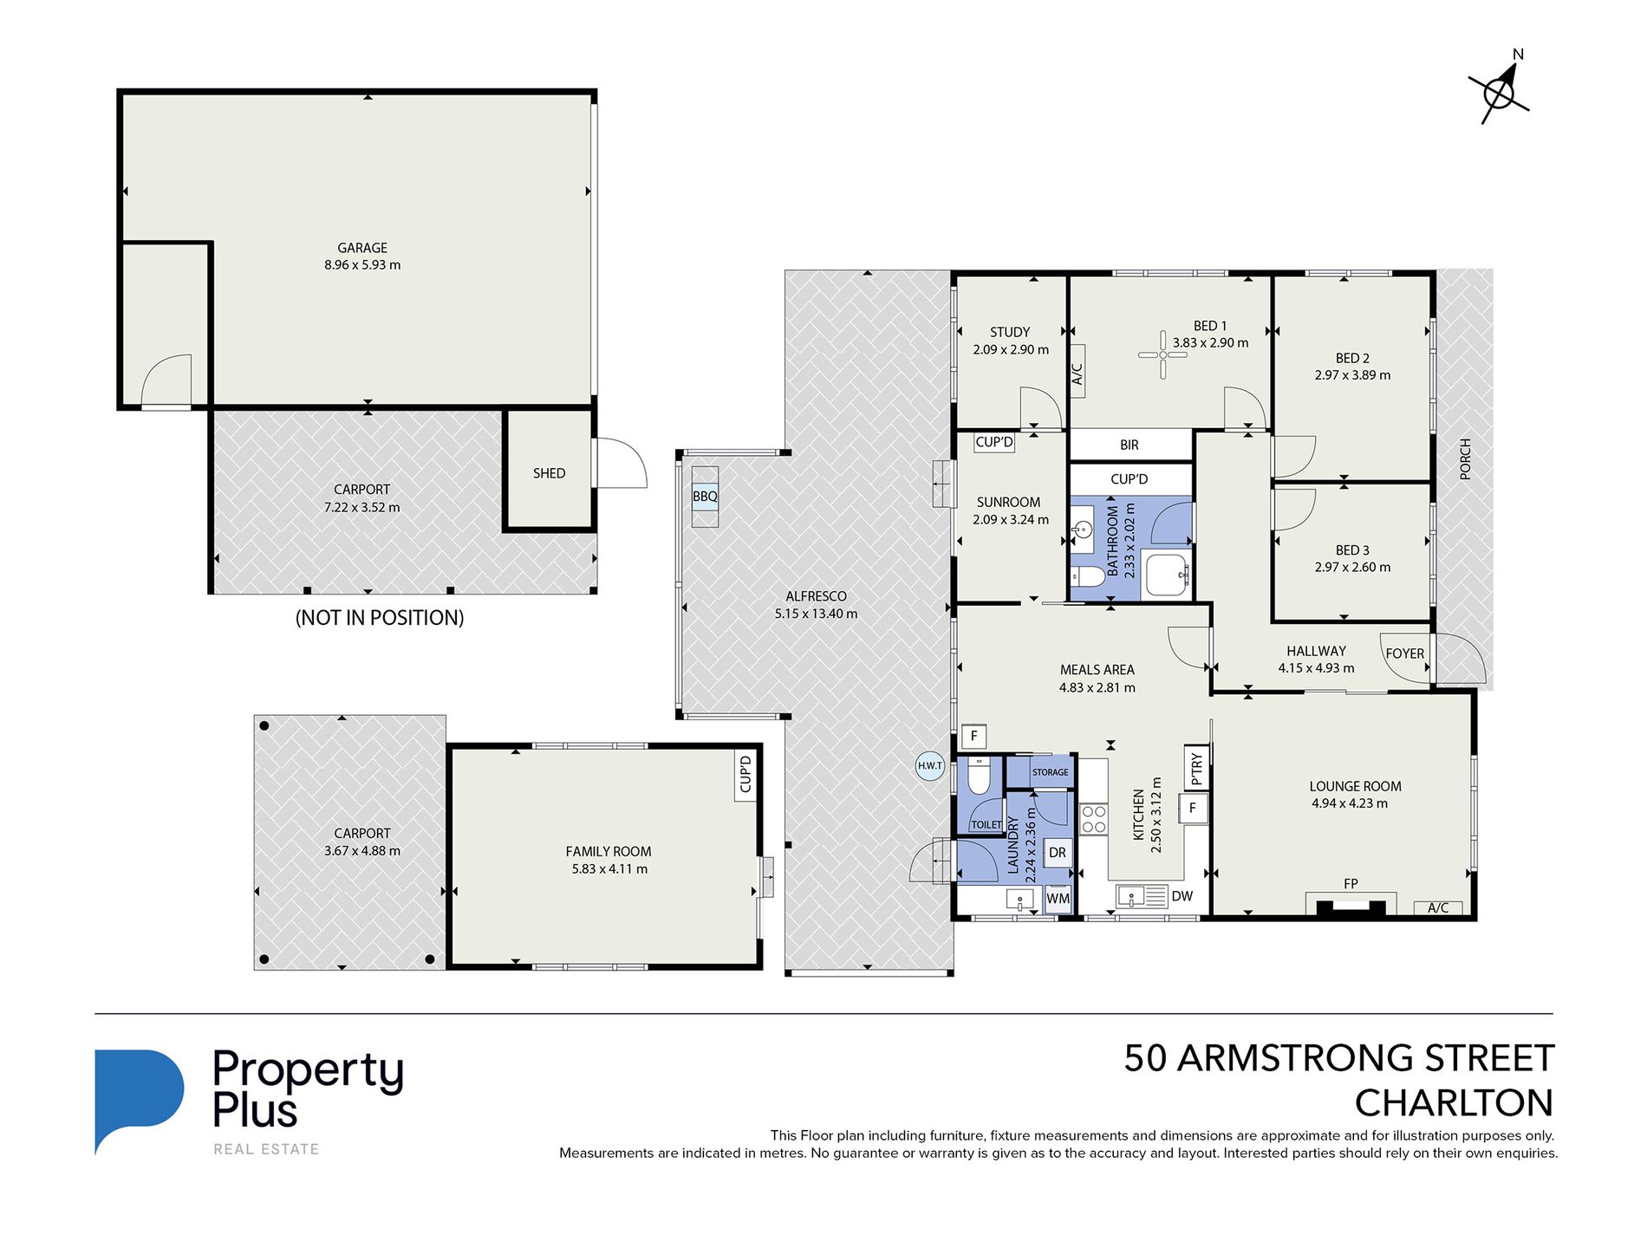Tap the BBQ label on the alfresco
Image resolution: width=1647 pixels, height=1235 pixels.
(x=705, y=497)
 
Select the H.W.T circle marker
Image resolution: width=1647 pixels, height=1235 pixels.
(x=930, y=765)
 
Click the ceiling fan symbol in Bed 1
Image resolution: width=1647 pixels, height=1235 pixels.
(x=1162, y=354)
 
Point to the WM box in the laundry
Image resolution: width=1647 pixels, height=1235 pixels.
(x=1058, y=899)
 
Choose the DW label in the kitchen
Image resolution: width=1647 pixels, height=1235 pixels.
(x=1182, y=896)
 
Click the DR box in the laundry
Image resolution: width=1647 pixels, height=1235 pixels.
(x=1058, y=852)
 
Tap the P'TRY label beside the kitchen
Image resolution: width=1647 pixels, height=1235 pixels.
(x=1197, y=768)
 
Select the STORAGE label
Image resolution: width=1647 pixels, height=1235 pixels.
(x=1051, y=772)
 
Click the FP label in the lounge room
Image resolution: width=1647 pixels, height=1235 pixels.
(x=1351, y=884)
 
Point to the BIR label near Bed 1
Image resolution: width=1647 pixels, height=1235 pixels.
(x=1129, y=445)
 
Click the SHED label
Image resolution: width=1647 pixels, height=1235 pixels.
(x=549, y=473)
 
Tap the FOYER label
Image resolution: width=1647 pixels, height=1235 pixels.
(x=1404, y=653)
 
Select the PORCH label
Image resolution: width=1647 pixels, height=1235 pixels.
(x=1466, y=459)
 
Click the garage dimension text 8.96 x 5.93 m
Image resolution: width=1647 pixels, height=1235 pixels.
(x=362, y=265)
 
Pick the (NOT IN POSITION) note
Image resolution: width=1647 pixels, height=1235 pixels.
(x=380, y=618)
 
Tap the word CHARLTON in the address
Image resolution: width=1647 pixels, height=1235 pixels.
(x=1454, y=1103)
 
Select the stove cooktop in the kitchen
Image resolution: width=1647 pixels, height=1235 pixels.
(x=1094, y=819)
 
